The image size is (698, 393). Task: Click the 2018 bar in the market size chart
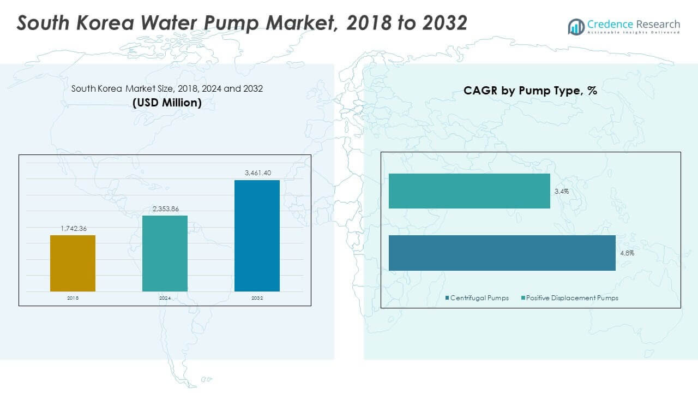[x=73, y=263]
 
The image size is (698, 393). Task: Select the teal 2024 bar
[x=165, y=253]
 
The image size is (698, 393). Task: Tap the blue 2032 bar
[x=257, y=235]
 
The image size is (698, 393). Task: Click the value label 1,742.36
[x=73, y=228]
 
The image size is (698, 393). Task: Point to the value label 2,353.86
[x=165, y=209]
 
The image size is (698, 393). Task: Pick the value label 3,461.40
[x=257, y=173]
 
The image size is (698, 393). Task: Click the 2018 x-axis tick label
[x=73, y=299]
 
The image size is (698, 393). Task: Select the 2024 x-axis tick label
[x=165, y=299]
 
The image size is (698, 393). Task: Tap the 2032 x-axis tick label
[x=257, y=299]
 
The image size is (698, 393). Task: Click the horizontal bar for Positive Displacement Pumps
[x=469, y=191]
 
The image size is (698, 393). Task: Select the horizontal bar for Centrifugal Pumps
[x=502, y=253]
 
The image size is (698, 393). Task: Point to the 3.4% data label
[x=562, y=192]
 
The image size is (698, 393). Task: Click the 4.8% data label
[x=627, y=253]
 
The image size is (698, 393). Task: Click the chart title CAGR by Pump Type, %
[x=530, y=91]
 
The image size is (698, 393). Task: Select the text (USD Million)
[x=167, y=103]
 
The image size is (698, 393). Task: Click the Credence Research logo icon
[x=576, y=26]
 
